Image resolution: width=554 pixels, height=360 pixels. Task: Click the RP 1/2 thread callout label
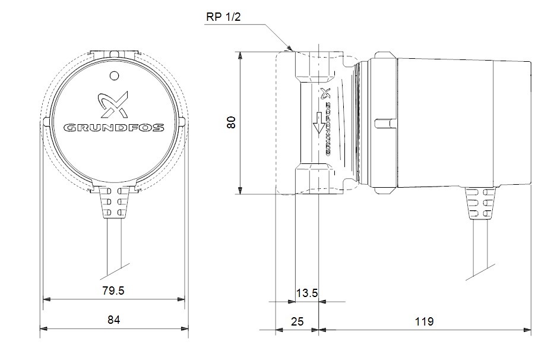[223, 17]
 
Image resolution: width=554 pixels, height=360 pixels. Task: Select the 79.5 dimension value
[113, 290]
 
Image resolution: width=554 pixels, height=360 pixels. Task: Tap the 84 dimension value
[114, 320]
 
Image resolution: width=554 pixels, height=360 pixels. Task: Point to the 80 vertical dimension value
[231, 122]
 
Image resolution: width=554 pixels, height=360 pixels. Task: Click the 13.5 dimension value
[306, 293]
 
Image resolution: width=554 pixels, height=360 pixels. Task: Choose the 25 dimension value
[297, 321]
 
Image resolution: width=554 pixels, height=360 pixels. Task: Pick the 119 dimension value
[424, 321]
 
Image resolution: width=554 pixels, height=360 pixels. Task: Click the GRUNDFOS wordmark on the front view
[114, 127]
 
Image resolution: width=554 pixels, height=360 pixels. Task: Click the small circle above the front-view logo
[114, 75]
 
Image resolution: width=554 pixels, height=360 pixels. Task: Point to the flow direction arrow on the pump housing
[319, 123]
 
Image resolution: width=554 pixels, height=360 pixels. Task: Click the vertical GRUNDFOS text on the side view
[328, 129]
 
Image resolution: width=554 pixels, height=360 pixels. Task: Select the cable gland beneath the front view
[114, 203]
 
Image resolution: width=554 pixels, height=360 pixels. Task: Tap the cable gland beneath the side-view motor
[480, 203]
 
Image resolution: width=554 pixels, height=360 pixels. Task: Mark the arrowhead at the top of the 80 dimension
[240, 55]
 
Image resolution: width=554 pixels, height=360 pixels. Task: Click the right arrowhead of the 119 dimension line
[527, 330]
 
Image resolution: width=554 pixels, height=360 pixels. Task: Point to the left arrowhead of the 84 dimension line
[44, 329]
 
